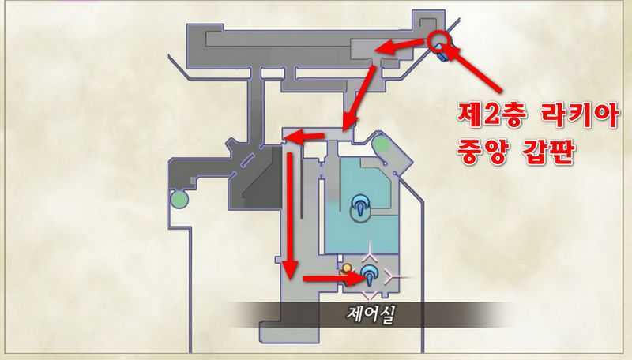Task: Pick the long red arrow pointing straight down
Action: pyautogui.click(x=291, y=213)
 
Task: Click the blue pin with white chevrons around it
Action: pyautogui.click(x=370, y=276)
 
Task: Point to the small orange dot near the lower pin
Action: pyautogui.click(x=346, y=268)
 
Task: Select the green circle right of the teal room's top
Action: pyautogui.click(x=380, y=144)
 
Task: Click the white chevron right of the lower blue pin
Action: pyautogui.click(x=395, y=276)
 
